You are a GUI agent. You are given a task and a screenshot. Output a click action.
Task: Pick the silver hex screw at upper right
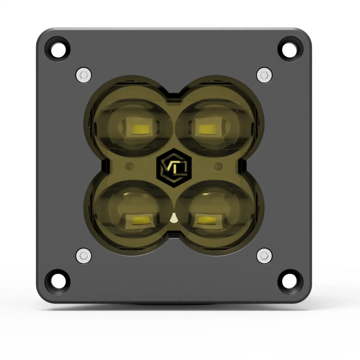point(264,74)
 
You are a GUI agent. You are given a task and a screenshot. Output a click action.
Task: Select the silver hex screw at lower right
point(264,255)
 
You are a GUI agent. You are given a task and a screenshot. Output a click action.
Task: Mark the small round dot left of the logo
point(129,166)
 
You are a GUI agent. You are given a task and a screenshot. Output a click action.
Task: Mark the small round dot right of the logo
point(218,166)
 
